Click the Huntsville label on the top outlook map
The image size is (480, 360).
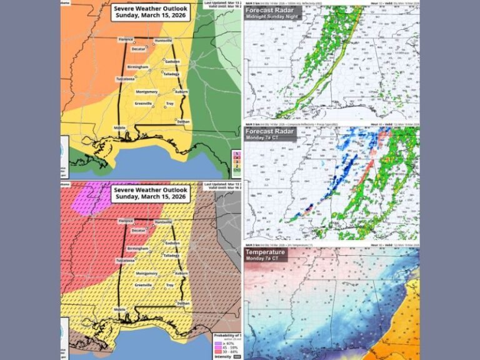(x=163, y=39)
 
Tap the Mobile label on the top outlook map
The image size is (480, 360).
(x=121, y=127)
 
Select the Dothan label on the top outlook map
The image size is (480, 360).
(x=182, y=121)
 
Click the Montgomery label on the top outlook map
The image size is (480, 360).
(x=147, y=91)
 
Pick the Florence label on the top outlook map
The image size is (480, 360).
(x=126, y=39)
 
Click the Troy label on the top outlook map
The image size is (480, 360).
(x=169, y=103)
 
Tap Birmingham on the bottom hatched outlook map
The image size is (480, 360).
(x=137, y=249)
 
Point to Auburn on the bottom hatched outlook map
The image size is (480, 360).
(x=181, y=273)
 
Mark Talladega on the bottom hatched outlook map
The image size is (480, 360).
(x=171, y=256)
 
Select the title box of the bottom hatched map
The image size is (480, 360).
(x=150, y=194)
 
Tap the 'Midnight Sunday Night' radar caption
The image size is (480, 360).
(x=273, y=17)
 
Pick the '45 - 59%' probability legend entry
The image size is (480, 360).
(x=226, y=349)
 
